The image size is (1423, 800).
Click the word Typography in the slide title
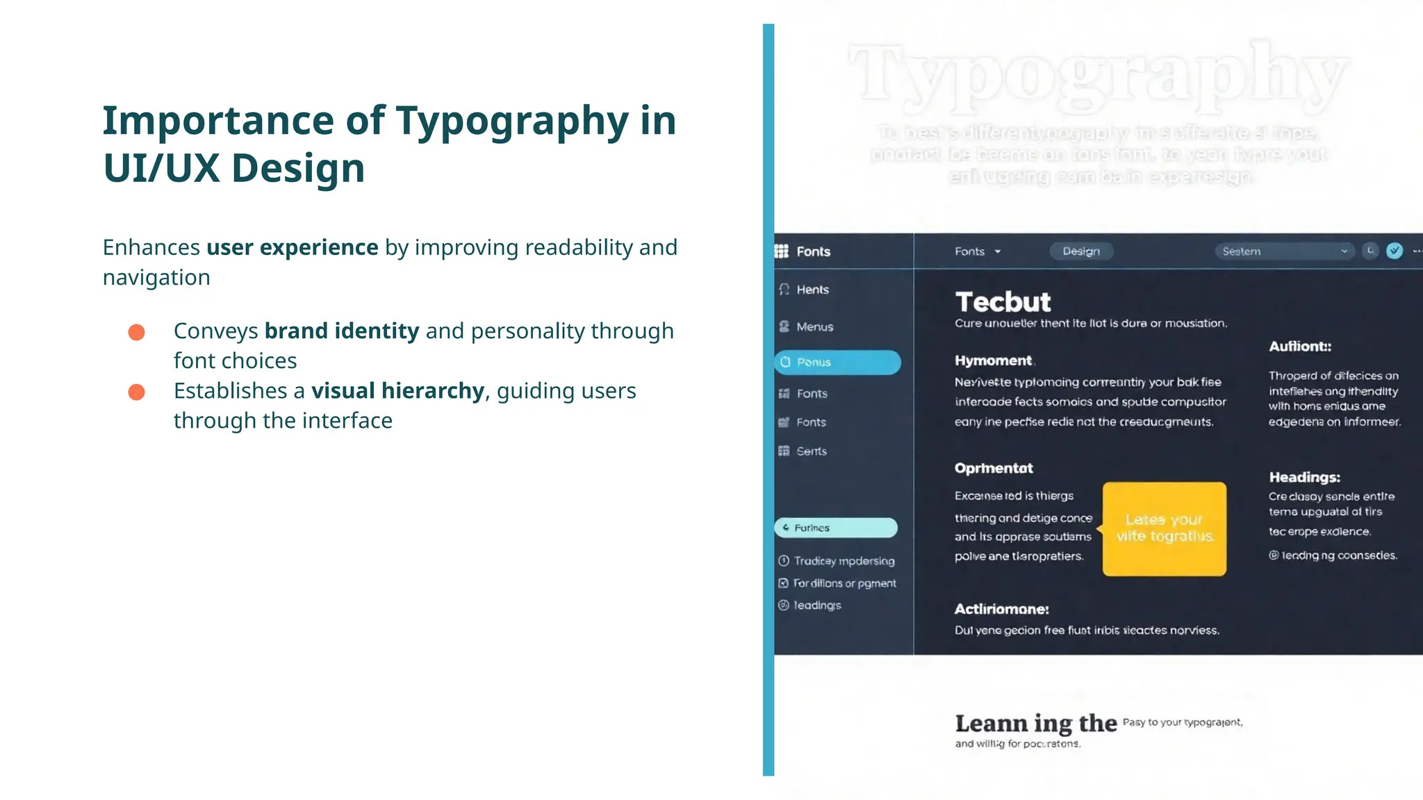tap(512, 121)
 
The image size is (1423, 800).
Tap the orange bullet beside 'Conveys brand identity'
tap(137, 333)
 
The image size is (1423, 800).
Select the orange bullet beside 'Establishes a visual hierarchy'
tap(137, 392)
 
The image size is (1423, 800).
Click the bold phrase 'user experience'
tap(292, 248)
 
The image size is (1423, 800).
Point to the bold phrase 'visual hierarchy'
tap(397, 391)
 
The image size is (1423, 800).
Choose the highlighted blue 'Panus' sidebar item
tap(837, 362)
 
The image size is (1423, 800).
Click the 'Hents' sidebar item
tap(812, 290)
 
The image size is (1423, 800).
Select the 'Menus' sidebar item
tap(814, 326)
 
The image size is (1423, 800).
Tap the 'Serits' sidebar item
tap(811, 451)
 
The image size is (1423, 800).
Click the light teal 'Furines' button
tap(836, 528)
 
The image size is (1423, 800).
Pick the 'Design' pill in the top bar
tap(1081, 251)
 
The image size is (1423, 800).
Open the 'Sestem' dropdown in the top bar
tap(1284, 251)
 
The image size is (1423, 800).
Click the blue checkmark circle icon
tap(1394, 251)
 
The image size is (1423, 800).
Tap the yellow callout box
tap(1165, 528)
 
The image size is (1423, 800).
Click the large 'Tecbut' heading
tap(1003, 302)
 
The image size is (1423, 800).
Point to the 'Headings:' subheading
tap(1304, 477)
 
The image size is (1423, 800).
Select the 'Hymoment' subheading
tap(993, 360)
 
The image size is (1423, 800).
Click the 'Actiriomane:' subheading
tap(1001, 609)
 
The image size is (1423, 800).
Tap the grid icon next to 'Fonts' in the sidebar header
tap(782, 251)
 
